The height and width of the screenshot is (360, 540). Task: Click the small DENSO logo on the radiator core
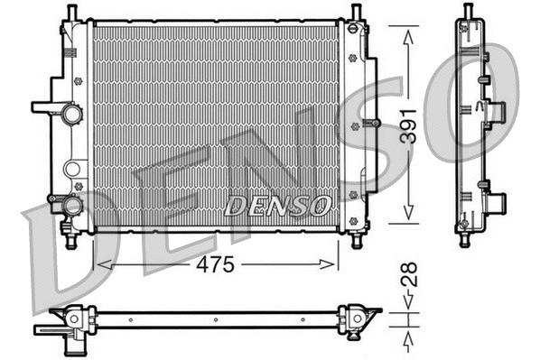(x=277, y=207)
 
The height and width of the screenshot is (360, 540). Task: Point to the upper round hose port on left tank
(x=70, y=115)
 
